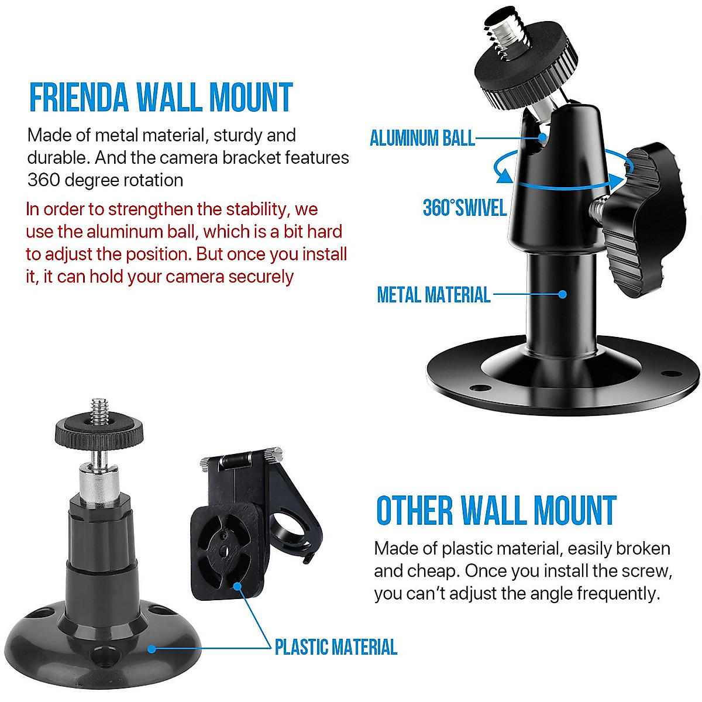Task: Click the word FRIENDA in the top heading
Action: [x=79, y=98]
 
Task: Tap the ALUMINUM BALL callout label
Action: [x=422, y=138]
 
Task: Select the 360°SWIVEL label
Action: [x=464, y=208]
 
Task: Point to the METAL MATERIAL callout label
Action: [x=433, y=294]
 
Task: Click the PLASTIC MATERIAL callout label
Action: [x=336, y=647]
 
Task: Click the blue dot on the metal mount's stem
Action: [x=563, y=294]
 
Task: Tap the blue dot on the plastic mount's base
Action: [x=152, y=648]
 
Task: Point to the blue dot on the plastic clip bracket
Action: [x=237, y=585]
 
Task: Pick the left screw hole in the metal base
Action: [x=479, y=387]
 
